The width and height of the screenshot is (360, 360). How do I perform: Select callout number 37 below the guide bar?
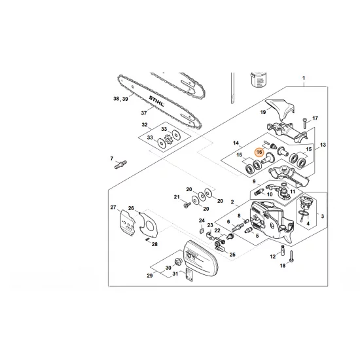click(145, 111)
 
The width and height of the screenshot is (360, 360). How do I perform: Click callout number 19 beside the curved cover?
click(262, 113)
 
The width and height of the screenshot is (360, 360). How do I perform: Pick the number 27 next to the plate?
click(113, 208)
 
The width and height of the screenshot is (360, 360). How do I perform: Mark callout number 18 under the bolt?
click(283, 266)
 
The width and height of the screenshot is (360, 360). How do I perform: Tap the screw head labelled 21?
click(186, 203)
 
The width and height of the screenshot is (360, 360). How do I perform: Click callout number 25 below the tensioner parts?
click(231, 253)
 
